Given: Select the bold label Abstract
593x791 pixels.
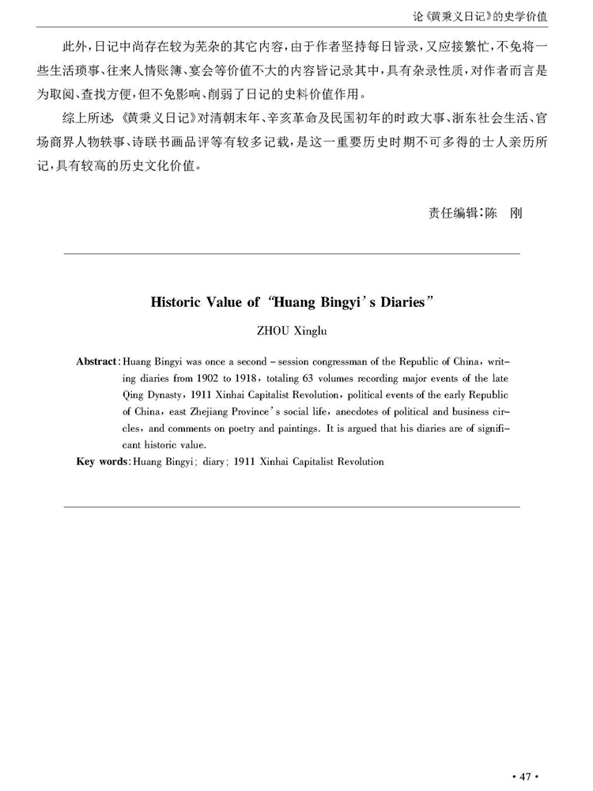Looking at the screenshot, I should coord(96,361).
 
